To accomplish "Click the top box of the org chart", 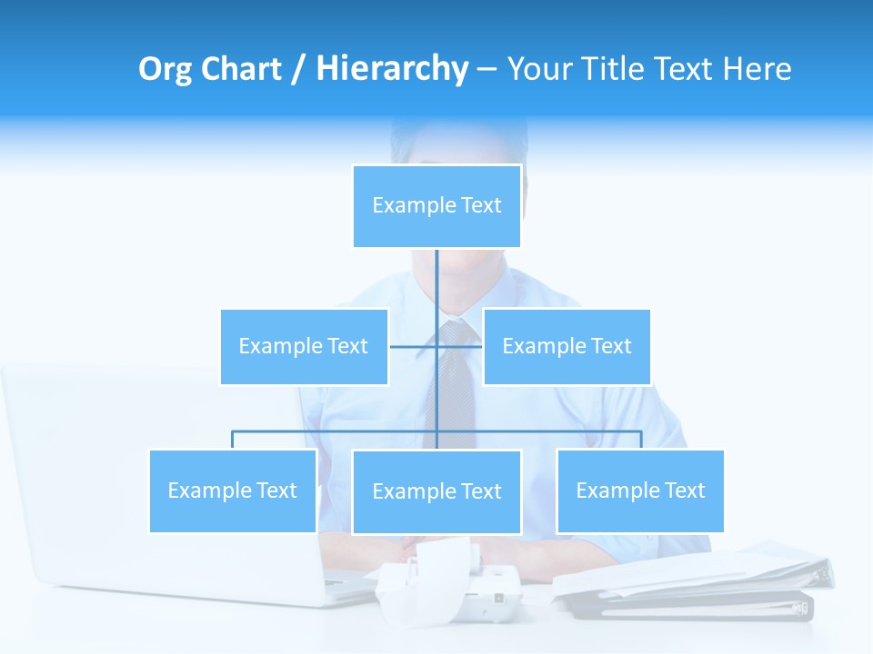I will [436, 205].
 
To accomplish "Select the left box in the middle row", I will [304, 346].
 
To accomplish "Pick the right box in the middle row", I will [567, 346].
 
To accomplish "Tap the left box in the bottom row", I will [233, 490].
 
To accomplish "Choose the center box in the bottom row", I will [436, 491].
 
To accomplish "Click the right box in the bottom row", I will [640, 490].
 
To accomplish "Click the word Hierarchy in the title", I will [392, 69].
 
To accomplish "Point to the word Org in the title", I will [166, 69].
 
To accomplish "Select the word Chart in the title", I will [243, 69].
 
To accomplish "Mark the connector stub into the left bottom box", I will [233, 440].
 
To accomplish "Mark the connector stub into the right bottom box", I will [640, 440].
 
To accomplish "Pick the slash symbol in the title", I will [297, 69].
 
